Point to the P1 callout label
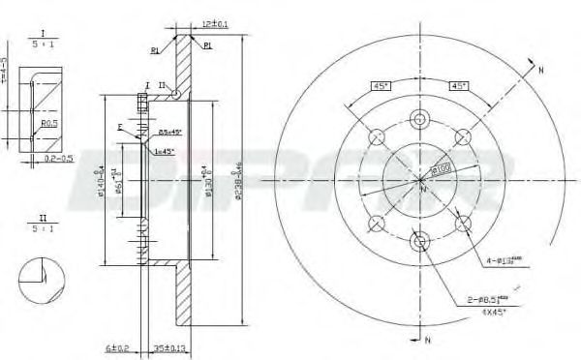[x=209, y=45]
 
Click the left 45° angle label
[x=382, y=85]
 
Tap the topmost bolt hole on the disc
[x=418, y=119]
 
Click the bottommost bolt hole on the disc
[x=418, y=240]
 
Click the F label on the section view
[x=120, y=127]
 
